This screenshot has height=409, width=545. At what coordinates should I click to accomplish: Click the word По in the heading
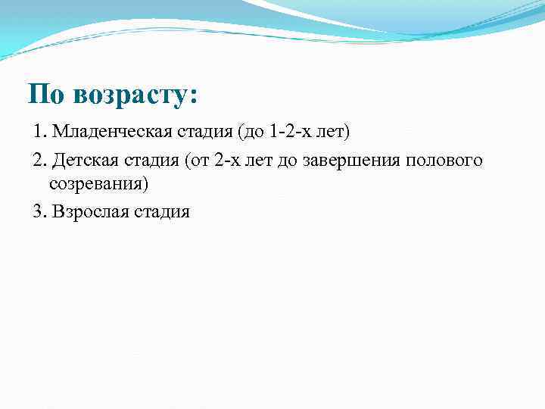(46, 95)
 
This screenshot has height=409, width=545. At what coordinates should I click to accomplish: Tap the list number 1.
(39, 133)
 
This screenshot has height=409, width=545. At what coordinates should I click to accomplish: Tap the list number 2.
(39, 161)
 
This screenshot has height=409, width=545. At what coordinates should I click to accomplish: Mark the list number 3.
(39, 211)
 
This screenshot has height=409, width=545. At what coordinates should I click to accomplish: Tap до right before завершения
(288, 161)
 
